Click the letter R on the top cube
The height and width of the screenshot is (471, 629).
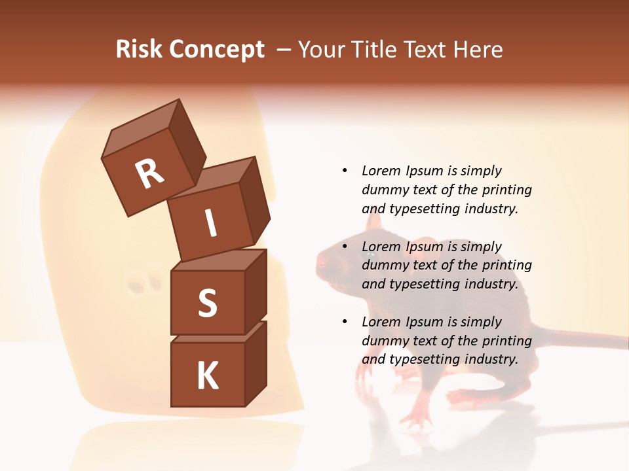pos(149,173)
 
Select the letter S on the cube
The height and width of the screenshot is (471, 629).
pos(207,303)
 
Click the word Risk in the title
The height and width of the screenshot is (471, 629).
pos(140,49)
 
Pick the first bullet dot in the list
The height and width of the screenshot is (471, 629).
pos(345,171)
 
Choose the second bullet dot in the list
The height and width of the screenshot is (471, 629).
pos(345,247)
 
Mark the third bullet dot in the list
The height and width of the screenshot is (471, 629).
pos(345,322)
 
